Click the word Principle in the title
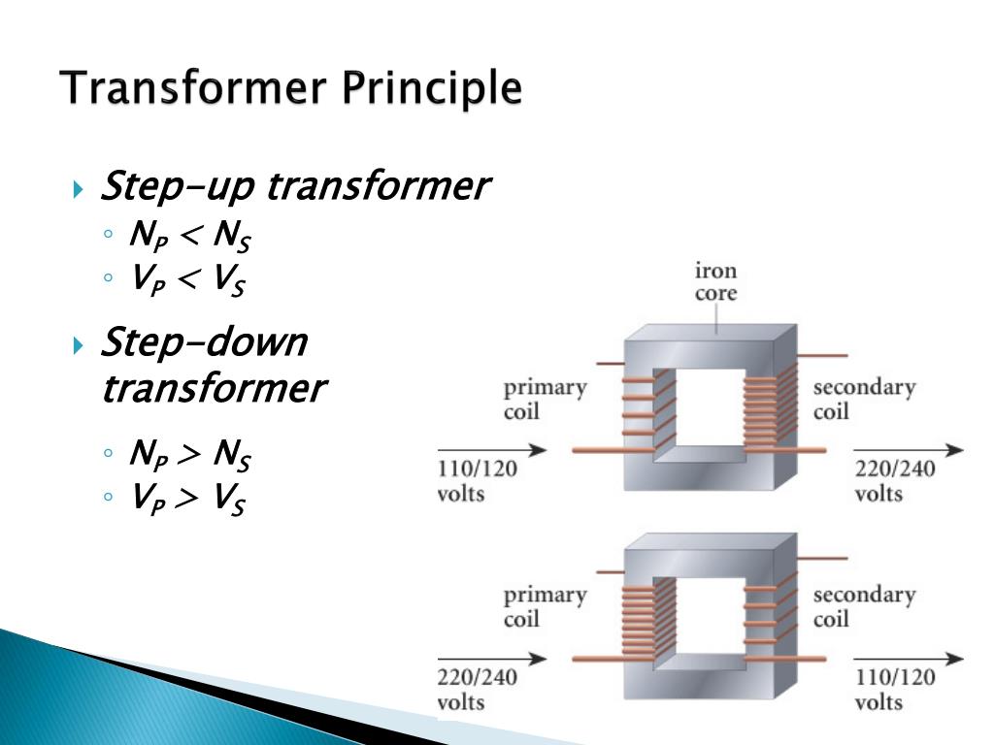tap(432, 89)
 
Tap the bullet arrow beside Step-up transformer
tap(78, 189)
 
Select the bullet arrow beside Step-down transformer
tap(78, 345)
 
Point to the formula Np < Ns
tap(189, 235)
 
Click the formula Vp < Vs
tap(187, 278)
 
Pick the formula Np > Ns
tap(189, 454)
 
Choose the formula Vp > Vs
tap(187, 498)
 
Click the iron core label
tap(715, 281)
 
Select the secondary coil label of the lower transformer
tap(864, 607)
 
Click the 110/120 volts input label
tap(477, 481)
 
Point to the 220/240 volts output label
tap(894, 481)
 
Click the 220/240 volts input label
tap(477, 690)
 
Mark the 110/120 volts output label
tap(894, 690)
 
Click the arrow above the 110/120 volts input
tap(492, 450)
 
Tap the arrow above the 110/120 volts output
tap(909, 659)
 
